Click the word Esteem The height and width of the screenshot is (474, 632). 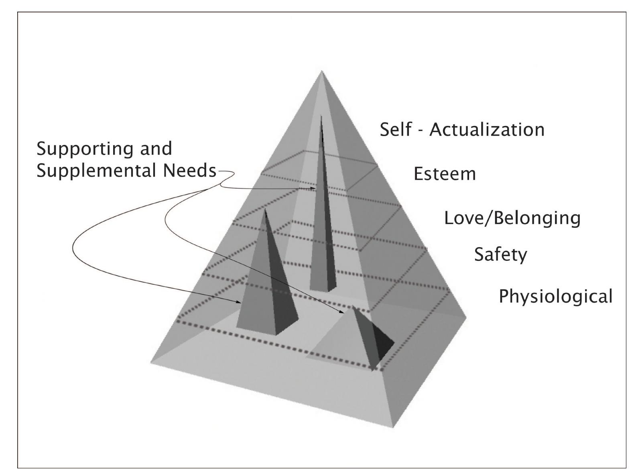pyautogui.click(x=445, y=174)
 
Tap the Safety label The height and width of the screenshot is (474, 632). pyautogui.click(x=500, y=254)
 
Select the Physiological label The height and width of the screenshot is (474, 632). pyautogui.click(x=555, y=297)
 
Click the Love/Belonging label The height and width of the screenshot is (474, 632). pyautogui.click(x=512, y=218)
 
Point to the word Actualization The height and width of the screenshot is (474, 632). pyautogui.click(x=487, y=130)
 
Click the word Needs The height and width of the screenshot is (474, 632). pyautogui.click(x=189, y=171)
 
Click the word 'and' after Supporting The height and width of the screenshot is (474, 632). pyautogui.click(x=156, y=149)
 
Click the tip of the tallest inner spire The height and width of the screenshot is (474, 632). pyautogui.click(x=321, y=116)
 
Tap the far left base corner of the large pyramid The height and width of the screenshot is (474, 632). pyautogui.click(x=151, y=363)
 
